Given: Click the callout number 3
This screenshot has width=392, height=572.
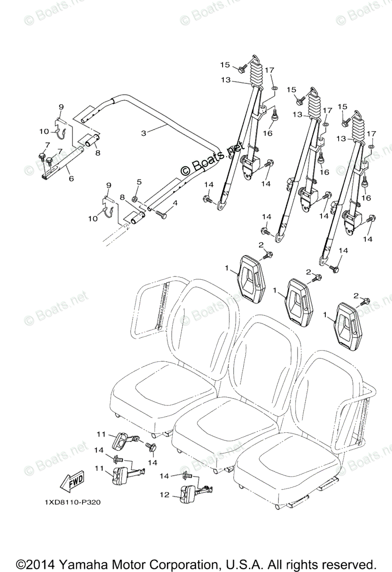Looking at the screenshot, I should point(144,133).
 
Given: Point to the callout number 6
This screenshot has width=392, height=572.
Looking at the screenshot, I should point(72,178).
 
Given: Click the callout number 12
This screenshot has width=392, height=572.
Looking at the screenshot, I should point(165,496).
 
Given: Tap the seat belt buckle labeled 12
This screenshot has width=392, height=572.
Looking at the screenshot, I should point(187,492).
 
